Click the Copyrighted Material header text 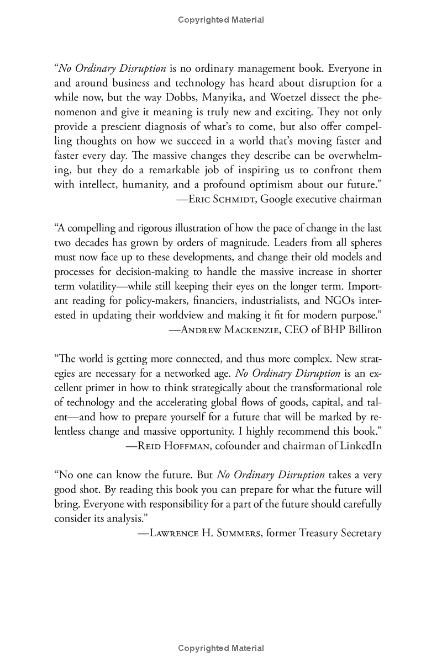pyautogui.click(x=221, y=20)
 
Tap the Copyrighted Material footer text pyautogui.click(x=221, y=648)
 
